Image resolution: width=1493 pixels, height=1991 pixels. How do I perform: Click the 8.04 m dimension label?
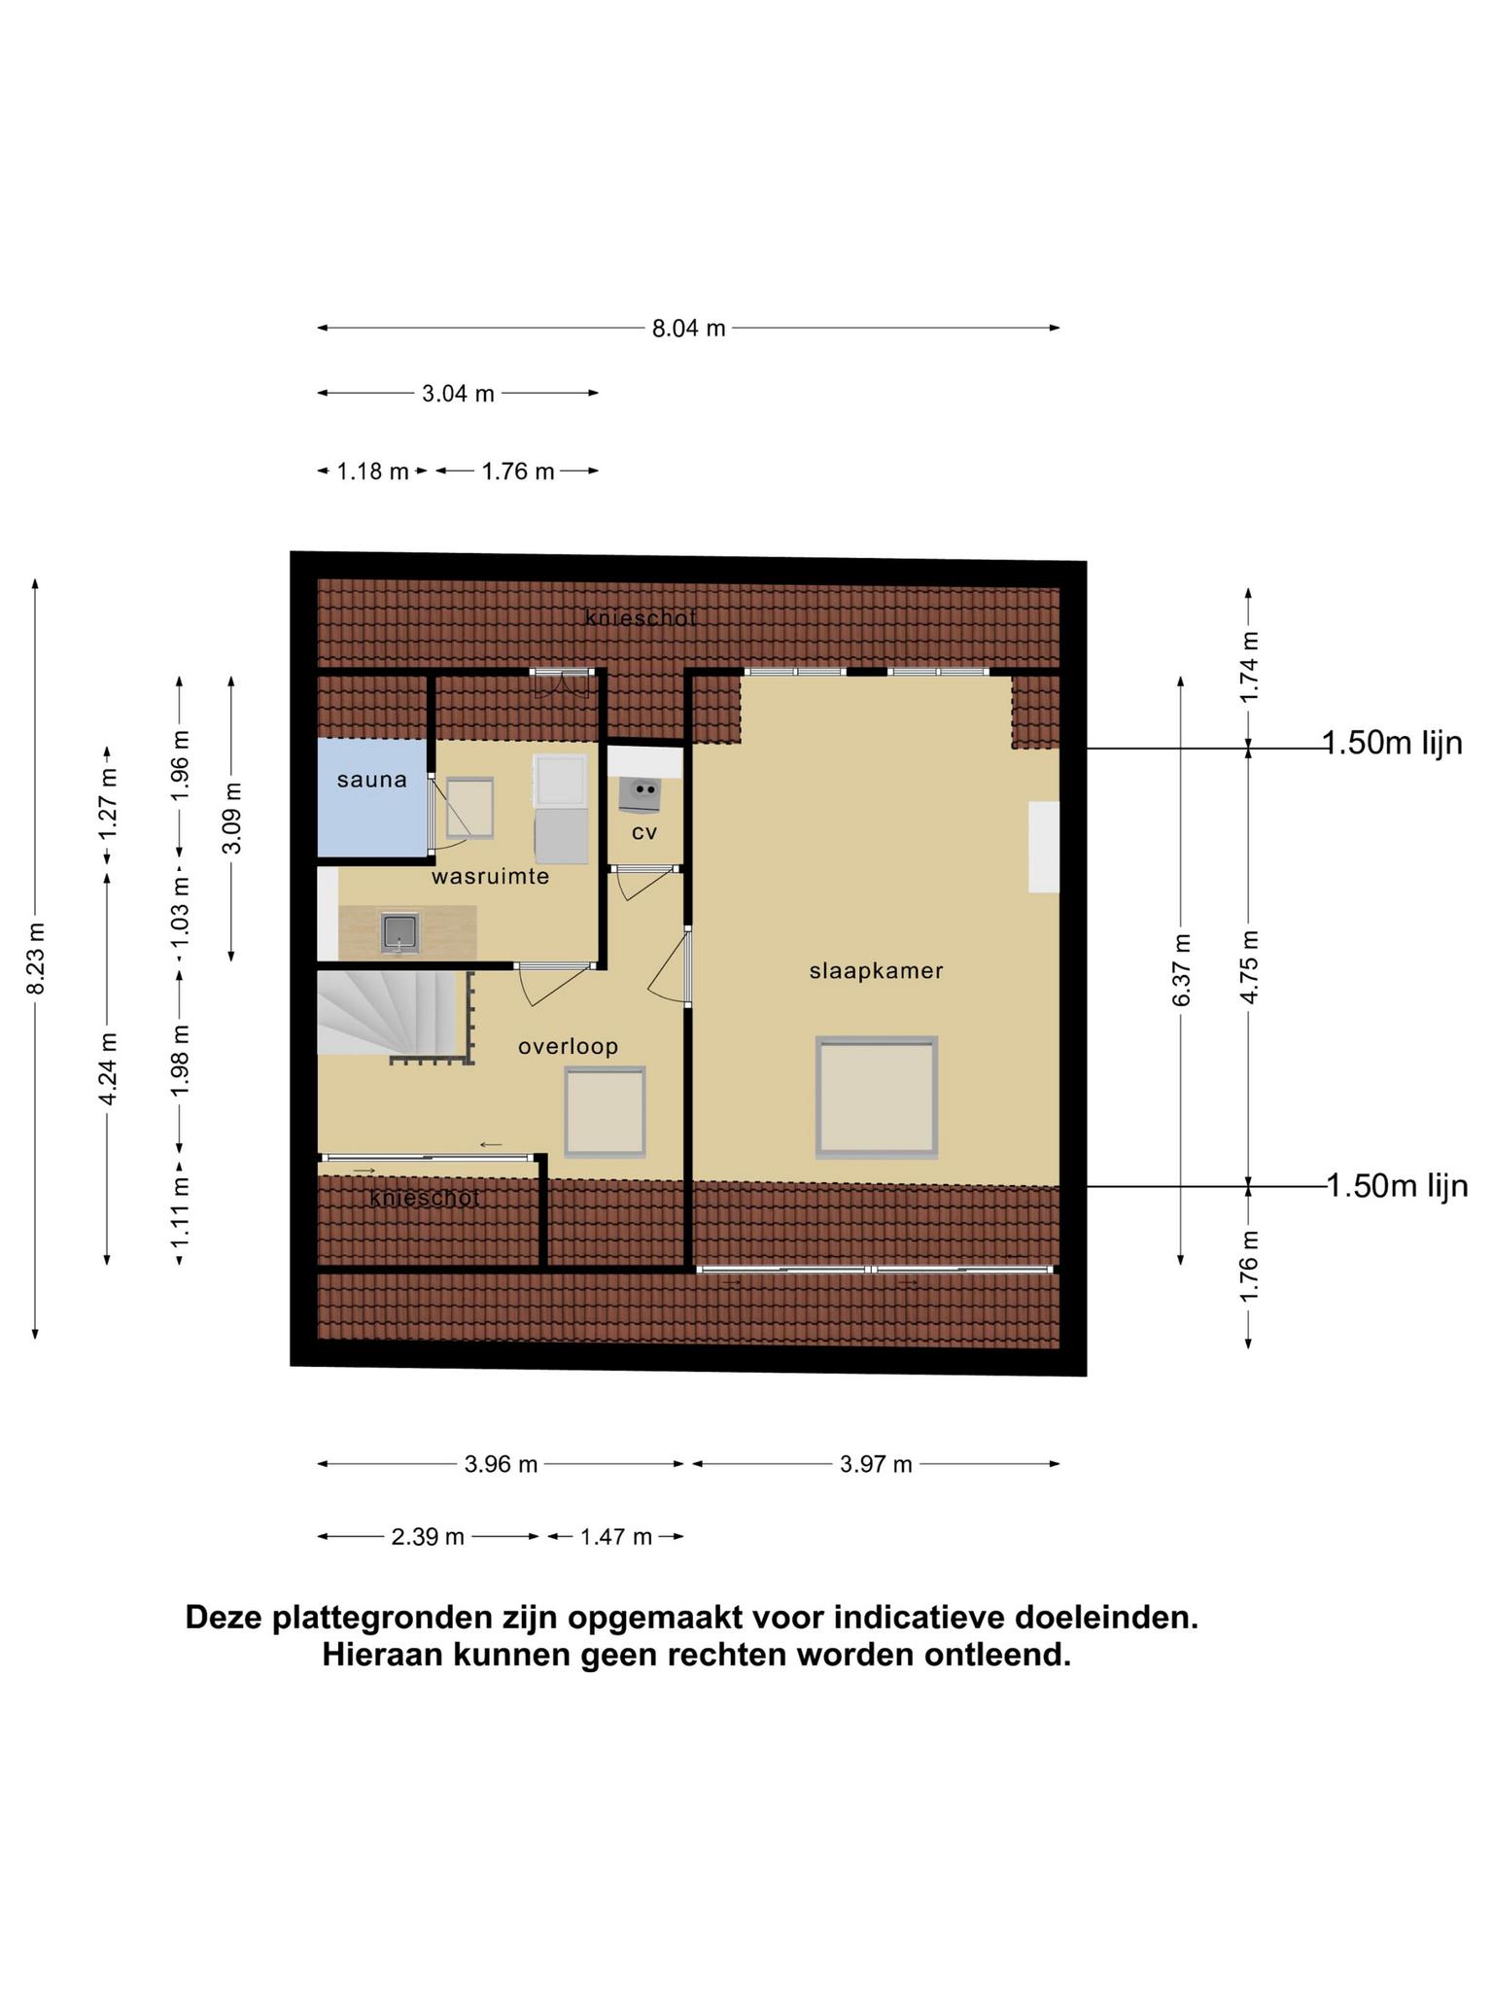point(688,329)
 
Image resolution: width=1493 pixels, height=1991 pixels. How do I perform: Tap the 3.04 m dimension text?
point(458,394)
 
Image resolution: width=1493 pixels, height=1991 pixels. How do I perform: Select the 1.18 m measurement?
point(372,472)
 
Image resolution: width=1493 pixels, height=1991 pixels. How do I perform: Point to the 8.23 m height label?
point(36,959)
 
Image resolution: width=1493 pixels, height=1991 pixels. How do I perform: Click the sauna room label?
point(371,780)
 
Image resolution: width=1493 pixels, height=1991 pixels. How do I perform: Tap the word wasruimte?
point(491,876)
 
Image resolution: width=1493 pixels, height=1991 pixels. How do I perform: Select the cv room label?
point(644,832)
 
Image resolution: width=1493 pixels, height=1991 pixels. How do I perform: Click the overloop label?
point(569,1046)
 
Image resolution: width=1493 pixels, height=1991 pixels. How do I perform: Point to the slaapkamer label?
point(877,970)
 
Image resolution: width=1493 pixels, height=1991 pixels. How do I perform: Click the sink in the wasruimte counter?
point(399,931)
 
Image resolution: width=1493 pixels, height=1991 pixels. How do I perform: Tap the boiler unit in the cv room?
point(640,793)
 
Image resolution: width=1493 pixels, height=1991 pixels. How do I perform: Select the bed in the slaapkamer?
point(877,1097)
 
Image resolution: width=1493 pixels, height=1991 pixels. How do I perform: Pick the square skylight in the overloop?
point(606,1111)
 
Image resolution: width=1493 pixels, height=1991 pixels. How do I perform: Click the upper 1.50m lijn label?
point(1393,743)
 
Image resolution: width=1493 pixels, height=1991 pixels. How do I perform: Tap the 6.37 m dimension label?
point(1181,970)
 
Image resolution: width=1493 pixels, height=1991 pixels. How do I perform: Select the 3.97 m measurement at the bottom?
point(876,1464)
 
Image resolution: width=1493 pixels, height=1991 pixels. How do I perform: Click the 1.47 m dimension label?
point(615,1537)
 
